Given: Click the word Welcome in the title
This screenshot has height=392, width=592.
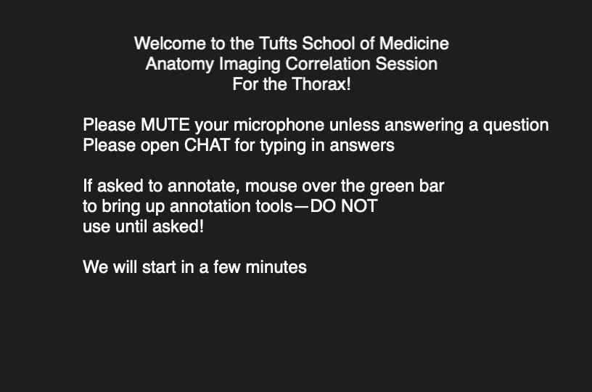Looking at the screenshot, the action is click(170, 44).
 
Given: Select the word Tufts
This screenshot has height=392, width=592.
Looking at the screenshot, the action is click(279, 44).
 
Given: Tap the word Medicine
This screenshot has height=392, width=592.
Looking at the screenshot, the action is click(414, 44).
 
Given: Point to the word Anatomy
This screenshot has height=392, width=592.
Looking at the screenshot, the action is click(180, 64).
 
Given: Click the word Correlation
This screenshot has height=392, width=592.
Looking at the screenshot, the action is click(328, 64).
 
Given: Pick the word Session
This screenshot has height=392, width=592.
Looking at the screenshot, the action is click(406, 64).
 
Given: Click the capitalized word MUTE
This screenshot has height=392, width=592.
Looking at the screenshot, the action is click(165, 125).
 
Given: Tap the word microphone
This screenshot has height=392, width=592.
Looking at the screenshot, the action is click(279, 126).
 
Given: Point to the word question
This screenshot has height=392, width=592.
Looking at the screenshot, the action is click(516, 126).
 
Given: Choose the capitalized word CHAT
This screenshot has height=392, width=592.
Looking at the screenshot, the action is click(207, 145).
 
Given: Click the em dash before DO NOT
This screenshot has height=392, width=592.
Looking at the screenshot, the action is click(301, 208).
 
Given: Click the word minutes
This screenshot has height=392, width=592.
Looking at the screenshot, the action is click(276, 267).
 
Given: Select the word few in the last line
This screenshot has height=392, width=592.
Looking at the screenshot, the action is click(227, 267).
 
